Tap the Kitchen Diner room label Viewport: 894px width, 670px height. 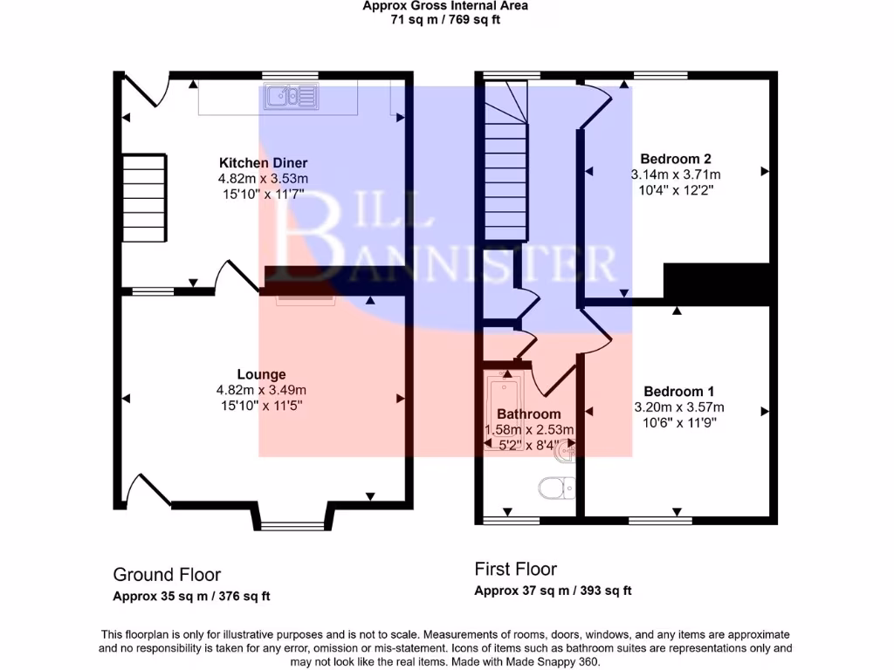click(263, 163)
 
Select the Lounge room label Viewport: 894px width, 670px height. click(262, 375)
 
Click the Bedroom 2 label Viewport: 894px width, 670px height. click(675, 159)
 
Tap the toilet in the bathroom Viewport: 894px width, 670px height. click(552, 488)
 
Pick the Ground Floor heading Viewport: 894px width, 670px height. click(167, 575)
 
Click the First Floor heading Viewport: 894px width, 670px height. click(515, 570)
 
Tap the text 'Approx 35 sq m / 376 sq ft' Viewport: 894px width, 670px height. click(191, 597)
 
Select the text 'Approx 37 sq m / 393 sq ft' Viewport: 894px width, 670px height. click(553, 591)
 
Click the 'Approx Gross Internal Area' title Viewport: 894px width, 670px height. click(445, 5)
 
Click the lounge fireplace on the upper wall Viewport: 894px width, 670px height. click(306, 301)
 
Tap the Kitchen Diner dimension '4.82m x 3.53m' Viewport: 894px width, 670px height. click(263, 179)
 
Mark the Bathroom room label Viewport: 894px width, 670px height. click(528, 414)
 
